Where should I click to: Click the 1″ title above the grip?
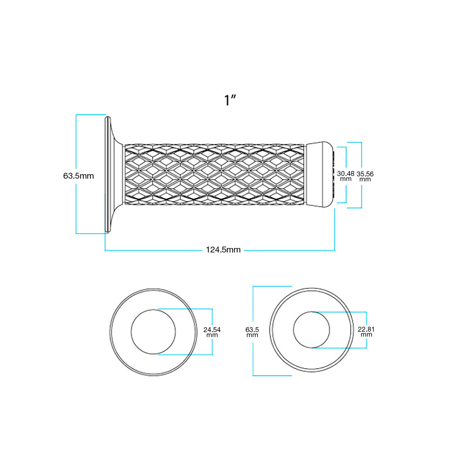tap(230, 100)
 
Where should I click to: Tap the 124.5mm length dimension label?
tap(223, 250)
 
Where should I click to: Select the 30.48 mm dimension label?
tap(346, 176)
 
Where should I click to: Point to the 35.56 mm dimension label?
tap(365, 176)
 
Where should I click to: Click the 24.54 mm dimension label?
tap(212, 332)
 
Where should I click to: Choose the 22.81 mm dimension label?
tap(366, 332)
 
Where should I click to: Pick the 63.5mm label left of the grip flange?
tap(78, 175)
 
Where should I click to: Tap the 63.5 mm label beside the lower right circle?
tap(252, 332)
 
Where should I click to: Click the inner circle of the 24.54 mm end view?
tap(153, 332)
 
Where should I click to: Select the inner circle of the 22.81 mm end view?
tap(311, 330)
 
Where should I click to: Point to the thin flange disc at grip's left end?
tap(108, 174)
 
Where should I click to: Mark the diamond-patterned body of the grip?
tap(214, 175)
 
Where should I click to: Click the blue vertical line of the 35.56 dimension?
tap(362, 175)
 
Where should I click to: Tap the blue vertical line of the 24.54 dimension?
tap(212, 332)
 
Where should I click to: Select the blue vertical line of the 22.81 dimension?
tap(366, 330)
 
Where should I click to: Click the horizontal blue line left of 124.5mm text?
tap(153, 251)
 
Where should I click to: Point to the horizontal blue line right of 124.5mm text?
tap(289, 251)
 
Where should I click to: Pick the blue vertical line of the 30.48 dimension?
tap(346, 175)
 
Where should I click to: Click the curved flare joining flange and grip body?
tap(117, 175)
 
